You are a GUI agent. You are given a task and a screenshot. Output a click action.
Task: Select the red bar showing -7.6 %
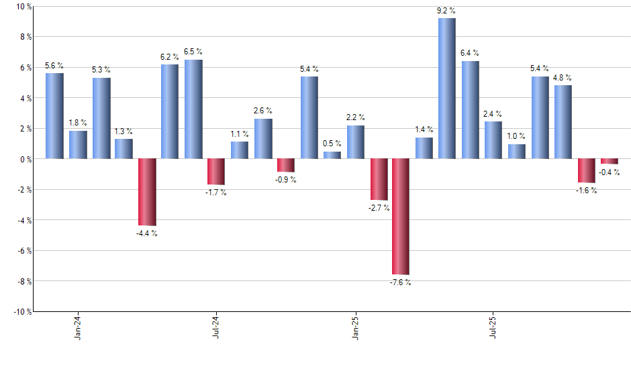pos(401,217)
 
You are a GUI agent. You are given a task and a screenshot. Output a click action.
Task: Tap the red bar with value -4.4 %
pos(147,192)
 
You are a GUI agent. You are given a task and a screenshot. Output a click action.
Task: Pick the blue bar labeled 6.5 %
pos(193,109)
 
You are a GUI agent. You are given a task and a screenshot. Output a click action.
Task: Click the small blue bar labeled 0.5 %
pos(332,155)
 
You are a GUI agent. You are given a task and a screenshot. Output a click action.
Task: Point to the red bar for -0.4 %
pos(609,161)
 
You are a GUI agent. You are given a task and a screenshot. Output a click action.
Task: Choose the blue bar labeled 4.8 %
pos(563,122)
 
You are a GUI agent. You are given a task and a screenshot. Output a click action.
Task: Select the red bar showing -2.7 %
pos(378,179)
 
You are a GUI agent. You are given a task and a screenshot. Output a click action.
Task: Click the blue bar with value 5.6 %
pos(54,116)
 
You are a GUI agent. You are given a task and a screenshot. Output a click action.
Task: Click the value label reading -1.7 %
pos(216,193)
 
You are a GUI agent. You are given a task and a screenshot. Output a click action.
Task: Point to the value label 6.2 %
pos(170,57)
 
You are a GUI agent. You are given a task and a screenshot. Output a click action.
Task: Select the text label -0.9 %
pos(285,180)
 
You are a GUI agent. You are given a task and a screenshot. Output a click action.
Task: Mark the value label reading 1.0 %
pos(516,136)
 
